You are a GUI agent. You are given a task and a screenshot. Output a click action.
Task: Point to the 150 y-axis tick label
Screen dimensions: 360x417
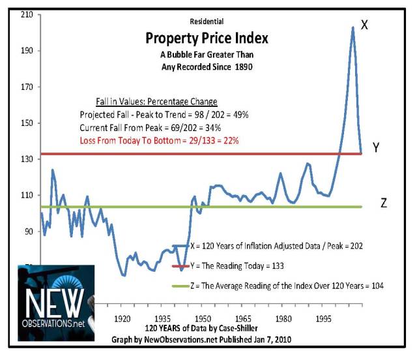point(26,123)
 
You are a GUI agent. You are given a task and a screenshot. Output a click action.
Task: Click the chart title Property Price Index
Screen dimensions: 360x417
point(207,38)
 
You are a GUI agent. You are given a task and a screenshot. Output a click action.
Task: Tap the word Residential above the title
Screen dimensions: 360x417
point(207,22)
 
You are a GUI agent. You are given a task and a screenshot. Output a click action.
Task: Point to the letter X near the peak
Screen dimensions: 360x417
point(365,25)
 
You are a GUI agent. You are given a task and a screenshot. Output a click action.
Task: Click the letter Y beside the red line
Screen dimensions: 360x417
point(376,149)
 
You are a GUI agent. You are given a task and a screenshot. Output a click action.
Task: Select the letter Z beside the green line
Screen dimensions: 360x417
point(384,203)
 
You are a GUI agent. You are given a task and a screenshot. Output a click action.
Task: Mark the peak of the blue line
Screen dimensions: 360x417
point(352,27)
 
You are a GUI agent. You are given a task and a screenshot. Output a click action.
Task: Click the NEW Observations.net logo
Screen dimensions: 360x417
point(56,303)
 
